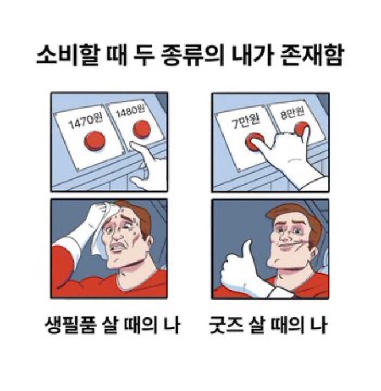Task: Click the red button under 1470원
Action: pos(95,141)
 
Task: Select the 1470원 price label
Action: pos(85,121)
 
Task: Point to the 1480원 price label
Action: pos(130,110)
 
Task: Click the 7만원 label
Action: pos(246,122)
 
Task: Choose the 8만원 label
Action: pos(292,113)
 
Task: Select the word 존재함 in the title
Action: pos(312,55)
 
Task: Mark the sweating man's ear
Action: pos(149,243)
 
